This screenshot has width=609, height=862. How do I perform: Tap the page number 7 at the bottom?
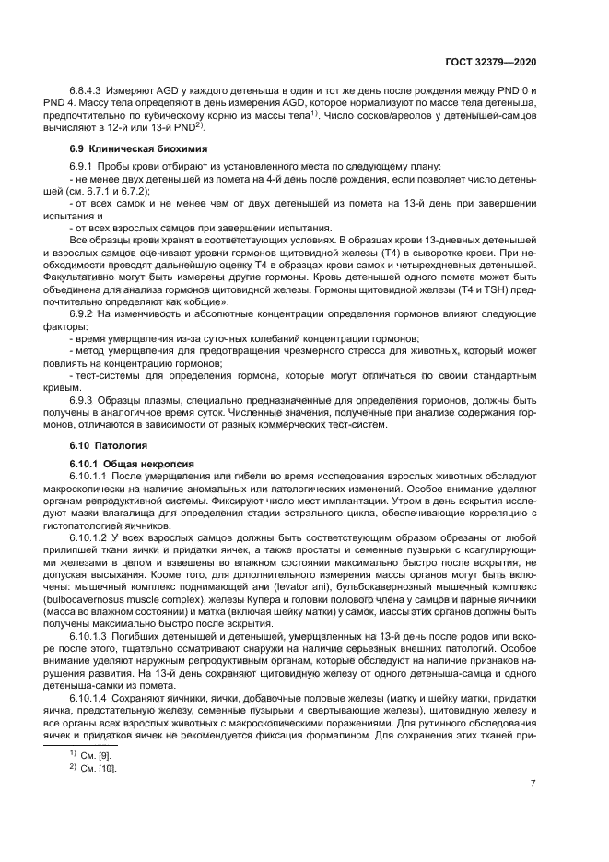tap(533, 785)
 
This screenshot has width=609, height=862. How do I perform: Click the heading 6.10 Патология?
tap(102, 445)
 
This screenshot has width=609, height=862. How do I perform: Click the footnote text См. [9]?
tap(94, 755)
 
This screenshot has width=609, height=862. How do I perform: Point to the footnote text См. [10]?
tap(97, 768)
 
